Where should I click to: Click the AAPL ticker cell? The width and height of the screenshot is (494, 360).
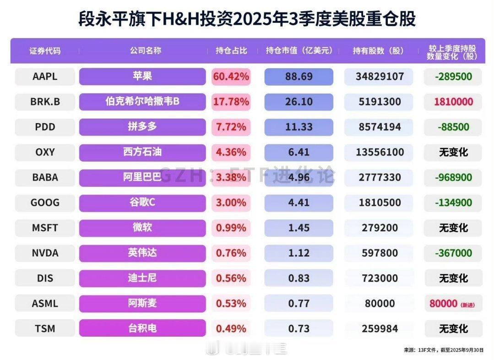tap(45, 76)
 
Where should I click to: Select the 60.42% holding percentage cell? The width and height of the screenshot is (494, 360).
tap(231, 76)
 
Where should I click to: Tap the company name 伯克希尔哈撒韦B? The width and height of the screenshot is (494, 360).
tap(142, 101)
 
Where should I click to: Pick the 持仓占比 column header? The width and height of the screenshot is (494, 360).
tap(231, 50)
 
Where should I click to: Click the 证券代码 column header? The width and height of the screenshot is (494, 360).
tap(45, 50)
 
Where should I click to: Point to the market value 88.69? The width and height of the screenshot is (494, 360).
tap(299, 76)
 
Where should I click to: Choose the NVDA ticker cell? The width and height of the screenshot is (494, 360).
tap(45, 253)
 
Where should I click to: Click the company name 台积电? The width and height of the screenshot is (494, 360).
tap(142, 328)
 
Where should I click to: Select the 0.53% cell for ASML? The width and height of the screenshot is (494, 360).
tap(231, 303)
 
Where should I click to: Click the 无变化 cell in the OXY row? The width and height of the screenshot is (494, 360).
tap(453, 152)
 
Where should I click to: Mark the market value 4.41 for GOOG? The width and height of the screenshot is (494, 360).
tap(299, 202)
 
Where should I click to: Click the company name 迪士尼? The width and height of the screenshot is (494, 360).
tap(142, 278)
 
